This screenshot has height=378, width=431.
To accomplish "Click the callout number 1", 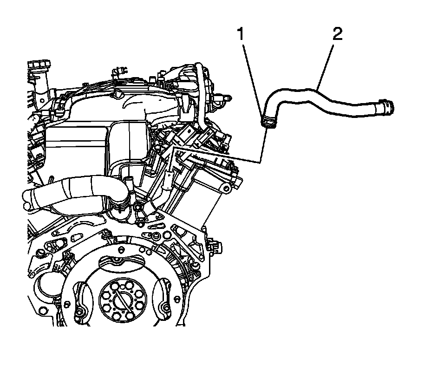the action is [x=241, y=35].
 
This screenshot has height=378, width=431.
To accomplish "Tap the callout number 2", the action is [x=337, y=35].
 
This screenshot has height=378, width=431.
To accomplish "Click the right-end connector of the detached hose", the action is [x=386, y=106].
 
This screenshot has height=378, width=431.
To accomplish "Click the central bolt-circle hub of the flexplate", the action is [x=120, y=298].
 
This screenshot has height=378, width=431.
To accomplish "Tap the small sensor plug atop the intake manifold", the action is [x=120, y=72].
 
